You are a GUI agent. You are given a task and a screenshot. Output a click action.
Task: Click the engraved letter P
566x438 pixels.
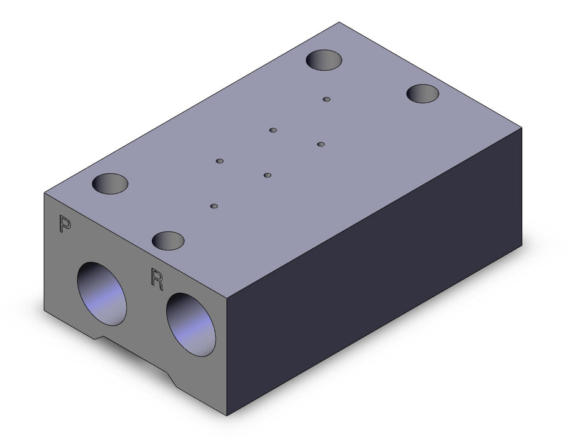[64, 223]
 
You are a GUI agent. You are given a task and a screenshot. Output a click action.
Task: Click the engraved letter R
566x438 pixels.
[157, 279]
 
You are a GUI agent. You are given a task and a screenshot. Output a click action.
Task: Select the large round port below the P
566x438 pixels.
[102, 293]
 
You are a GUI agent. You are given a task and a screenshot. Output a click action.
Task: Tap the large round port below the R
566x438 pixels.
[191, 325]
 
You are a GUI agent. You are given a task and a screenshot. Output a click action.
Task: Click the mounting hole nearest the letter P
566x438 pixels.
[110, 183]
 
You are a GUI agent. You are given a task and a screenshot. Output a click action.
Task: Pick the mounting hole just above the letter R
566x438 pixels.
[168, 240]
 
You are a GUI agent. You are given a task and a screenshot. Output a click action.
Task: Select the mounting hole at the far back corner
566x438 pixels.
[324, 59]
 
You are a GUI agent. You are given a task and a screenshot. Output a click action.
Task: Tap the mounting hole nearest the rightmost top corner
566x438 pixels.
[423, 93]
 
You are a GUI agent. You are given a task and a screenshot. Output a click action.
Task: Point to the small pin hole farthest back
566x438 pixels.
[327, 99]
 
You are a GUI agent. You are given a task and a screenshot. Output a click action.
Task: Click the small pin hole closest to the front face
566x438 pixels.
[214, 206]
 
